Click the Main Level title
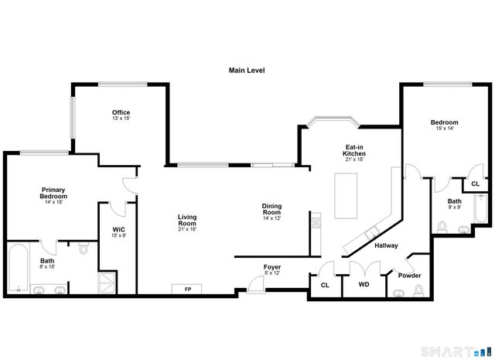247,70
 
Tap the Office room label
121,112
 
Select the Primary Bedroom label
53,193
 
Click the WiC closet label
118,229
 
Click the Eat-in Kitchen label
354,150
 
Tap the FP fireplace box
187,289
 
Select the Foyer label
272,266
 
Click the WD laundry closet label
364,284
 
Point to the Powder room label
409,276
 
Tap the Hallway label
386,246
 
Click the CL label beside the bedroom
475,184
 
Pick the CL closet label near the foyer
325,284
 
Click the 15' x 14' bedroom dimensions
445,129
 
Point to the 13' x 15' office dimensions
121,118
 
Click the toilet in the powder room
418,290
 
